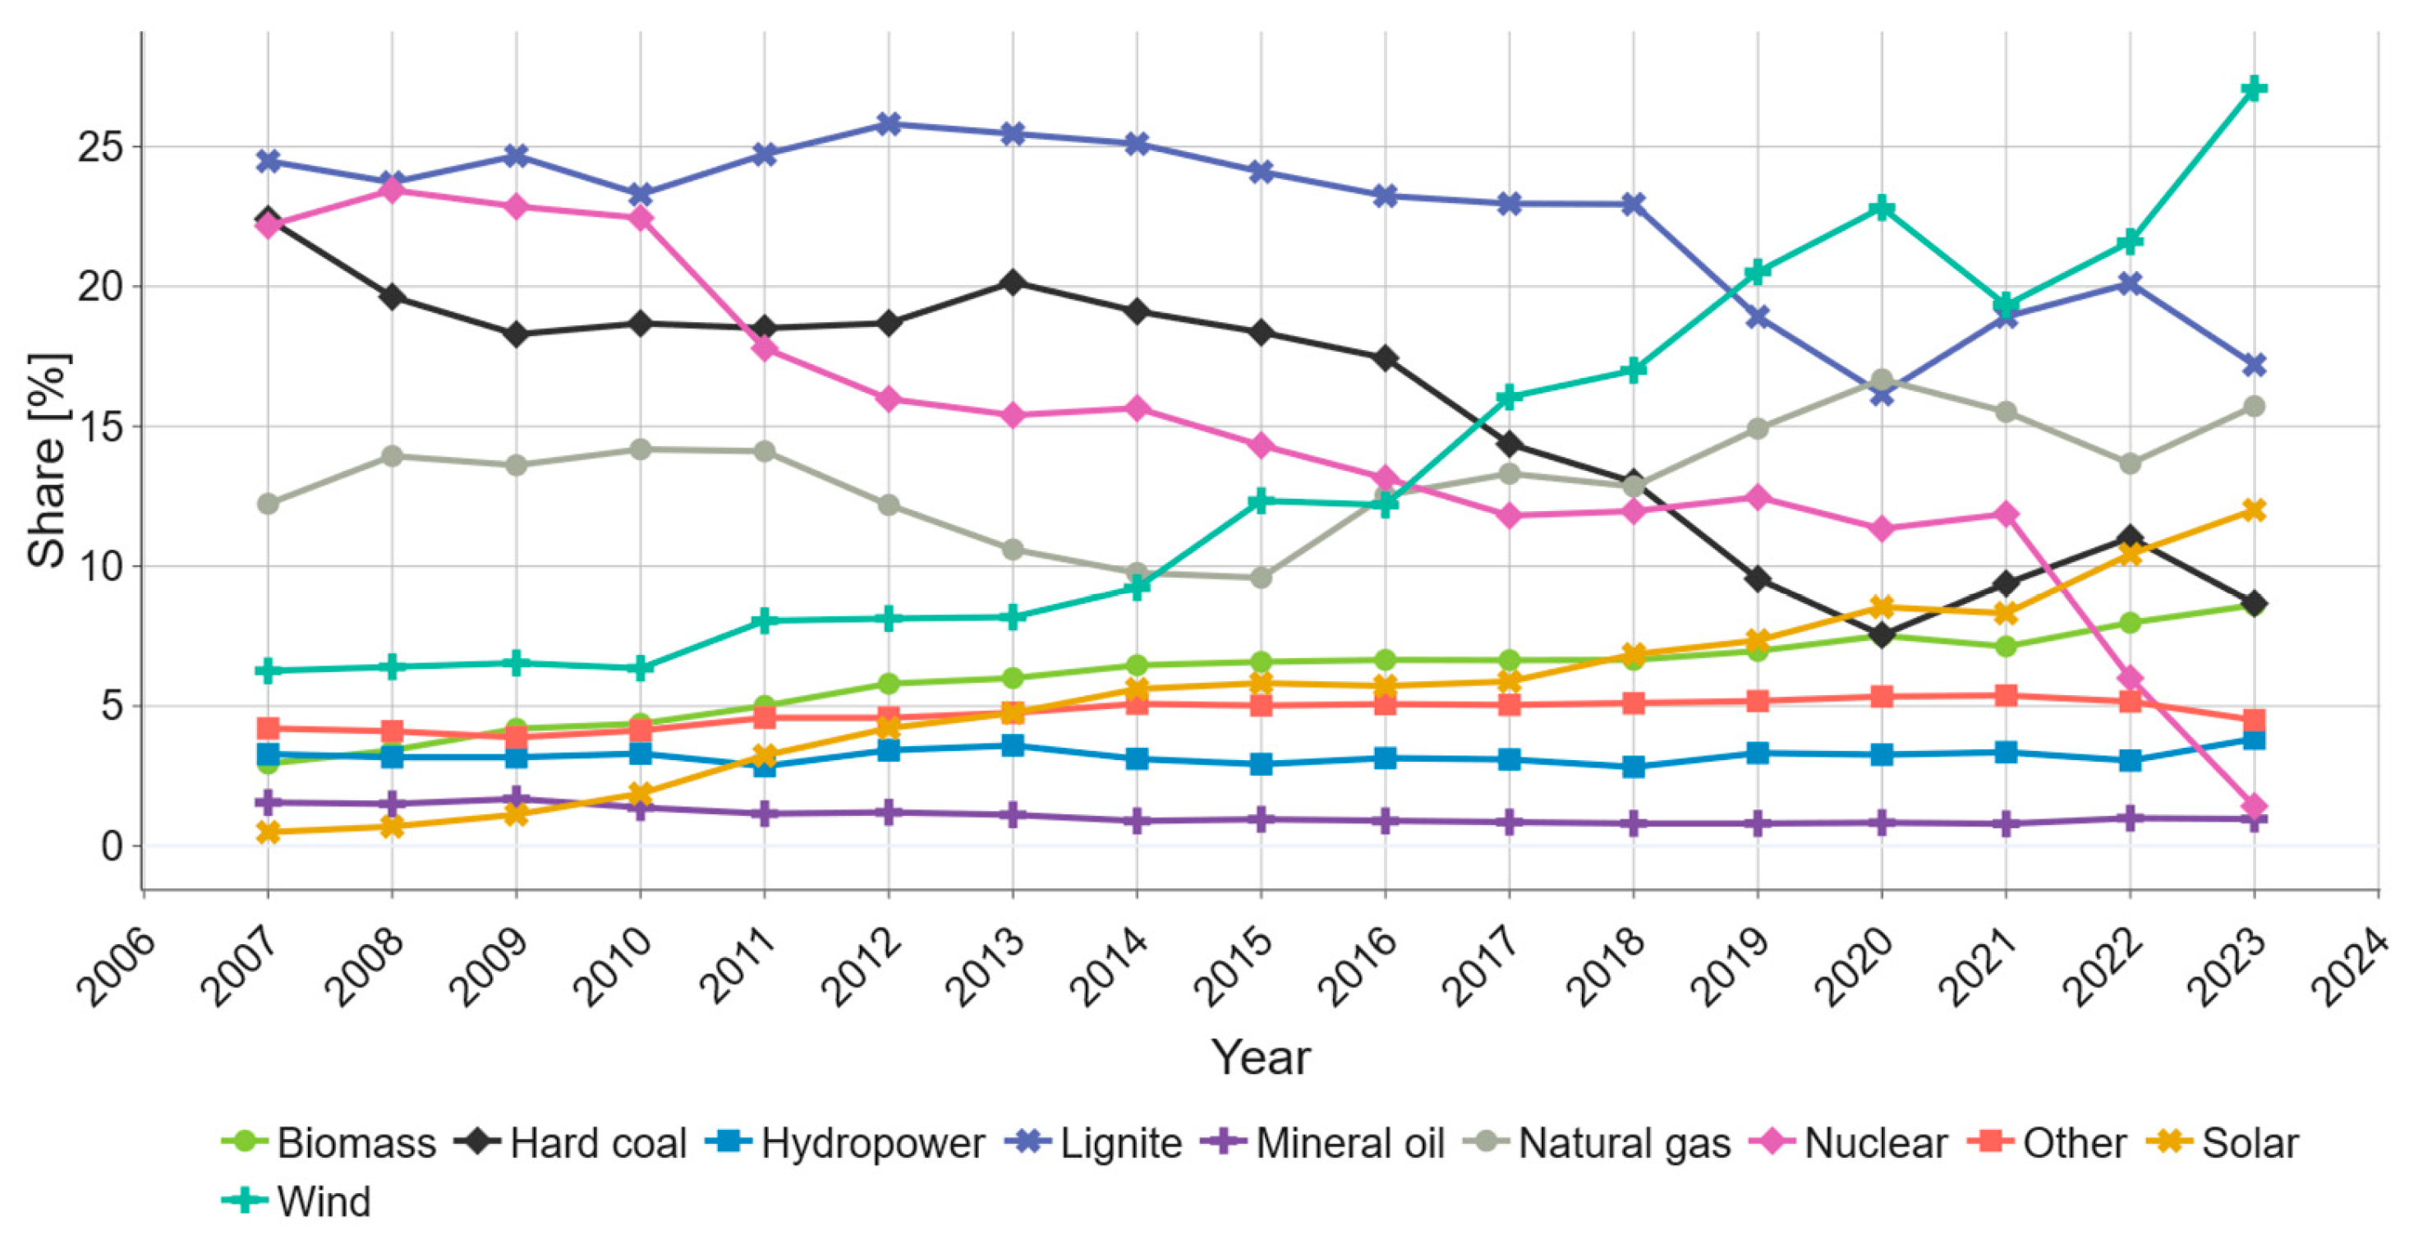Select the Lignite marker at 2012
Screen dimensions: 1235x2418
(x=889, y=124)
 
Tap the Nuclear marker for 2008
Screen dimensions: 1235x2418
(x=392, y=191)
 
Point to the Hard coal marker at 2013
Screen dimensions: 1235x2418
(x=1012, y=283)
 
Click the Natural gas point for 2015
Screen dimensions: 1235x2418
(x=1261, y=578)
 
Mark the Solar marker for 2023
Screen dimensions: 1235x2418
(x=2253, y=510)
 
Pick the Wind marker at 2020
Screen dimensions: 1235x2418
(x=1881, y=208)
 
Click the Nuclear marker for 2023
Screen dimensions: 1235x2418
(x=2253, y=806)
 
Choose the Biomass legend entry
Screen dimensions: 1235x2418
(x=330, y=1144)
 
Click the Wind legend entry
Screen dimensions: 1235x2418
(x=298, y=1201)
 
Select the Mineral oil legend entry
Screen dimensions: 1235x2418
(x=1323, y=1144)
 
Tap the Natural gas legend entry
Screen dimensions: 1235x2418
(x=1598, y=1144)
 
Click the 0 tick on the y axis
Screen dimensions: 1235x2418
(x=111, y=846)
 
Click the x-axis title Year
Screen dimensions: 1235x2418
(x=1260, y=1058)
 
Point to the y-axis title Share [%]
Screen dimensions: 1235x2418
(x=47, y=460)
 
